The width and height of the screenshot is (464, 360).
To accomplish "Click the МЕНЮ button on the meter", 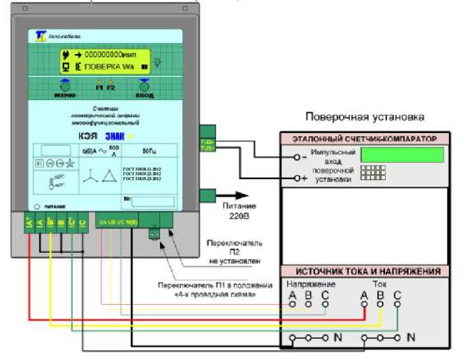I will (x=64, y=86).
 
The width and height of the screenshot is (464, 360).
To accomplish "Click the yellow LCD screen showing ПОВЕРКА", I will (x=105, y=61).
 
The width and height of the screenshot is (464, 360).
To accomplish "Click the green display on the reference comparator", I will (x=402, y=155).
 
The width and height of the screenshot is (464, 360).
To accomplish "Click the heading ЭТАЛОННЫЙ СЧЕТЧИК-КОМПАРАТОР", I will (x=365, y=139).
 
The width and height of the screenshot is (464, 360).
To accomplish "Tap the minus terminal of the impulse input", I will (x=297, y=157).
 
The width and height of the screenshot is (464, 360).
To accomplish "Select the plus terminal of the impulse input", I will (x=297, y=178).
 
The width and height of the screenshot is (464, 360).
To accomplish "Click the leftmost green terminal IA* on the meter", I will (x=30, y=223).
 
